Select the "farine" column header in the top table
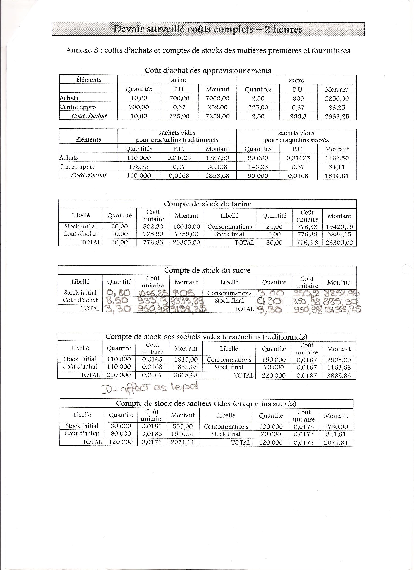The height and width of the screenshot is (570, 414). pyautogui.click(x=177, y=80)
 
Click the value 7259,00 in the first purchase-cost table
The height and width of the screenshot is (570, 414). pyautogui.click(x=217, y=116)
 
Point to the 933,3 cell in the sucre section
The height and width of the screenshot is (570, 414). pyautogui.click(x=298, y=116)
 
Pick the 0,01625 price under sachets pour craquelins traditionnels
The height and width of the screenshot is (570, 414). pyautogui.click(x=179, y=158)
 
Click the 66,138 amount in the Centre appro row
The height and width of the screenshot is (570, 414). pyautogui.click(x=217, y=167)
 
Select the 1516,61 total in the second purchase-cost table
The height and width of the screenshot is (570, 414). pyautogui.click(x=337, y=176)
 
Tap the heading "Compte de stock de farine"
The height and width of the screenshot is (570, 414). pyautogui.click(x=207, y=204)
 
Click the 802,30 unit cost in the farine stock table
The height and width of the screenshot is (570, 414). pyautogui.click(x=153, y=226)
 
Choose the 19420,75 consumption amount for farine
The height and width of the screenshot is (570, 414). pyautogui.click(x=339, y=227)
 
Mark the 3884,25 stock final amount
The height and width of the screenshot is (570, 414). pyautogui.click(x=339, y=235)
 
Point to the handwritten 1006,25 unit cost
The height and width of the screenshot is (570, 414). pyautogui.click(x=153, y=293)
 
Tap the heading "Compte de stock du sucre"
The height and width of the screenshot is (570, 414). pyautogui.click(x=207, y=270)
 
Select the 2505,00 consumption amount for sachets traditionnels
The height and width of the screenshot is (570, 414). pyautogui.click(x=339, y=360)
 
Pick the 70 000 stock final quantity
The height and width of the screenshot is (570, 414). pyautogui.click(x=274, y=367)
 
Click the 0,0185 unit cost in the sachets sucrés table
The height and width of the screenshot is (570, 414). pyautogui.click(x=152, y=426)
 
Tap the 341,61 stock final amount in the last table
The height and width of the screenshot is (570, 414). pyautogui.click(x=336, y=434)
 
